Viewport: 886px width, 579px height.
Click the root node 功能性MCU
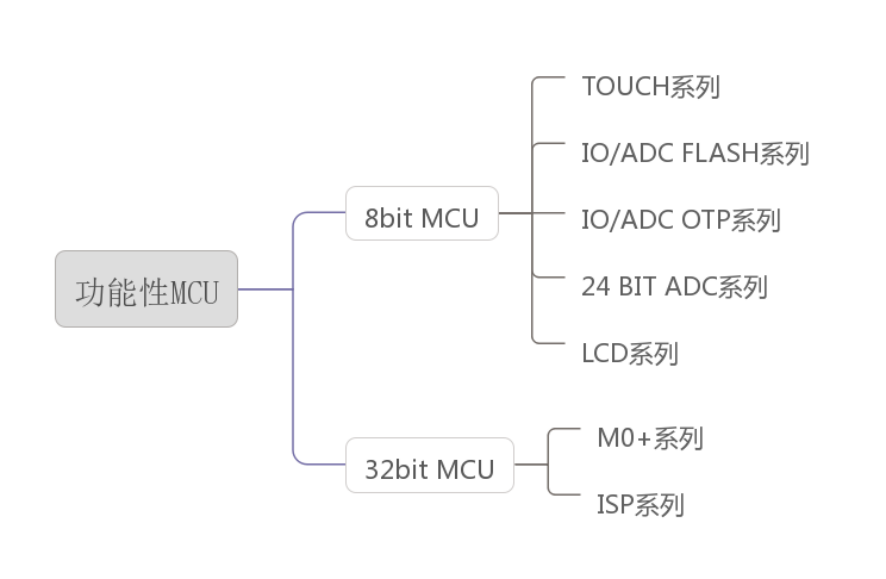[x=146, y=289]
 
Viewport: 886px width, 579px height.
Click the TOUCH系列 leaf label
[x=650, y=87]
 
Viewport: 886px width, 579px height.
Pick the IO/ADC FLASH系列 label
[x=694, y=154]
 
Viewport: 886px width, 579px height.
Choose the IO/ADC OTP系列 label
[x=680, y=220]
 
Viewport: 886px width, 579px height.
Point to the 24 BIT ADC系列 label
[x=674, y=287]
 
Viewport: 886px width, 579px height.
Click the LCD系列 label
[x=629, y=353]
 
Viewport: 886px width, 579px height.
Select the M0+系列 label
[x=649, y=438]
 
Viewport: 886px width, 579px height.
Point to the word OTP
[x=705, y=220]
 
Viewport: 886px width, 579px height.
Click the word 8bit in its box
[x=388, y=217]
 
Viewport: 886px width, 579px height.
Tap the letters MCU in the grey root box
[x=195, y=293]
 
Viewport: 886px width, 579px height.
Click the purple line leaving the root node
[x=264, y=289]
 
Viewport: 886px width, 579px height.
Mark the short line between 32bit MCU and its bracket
[x=530, y=464]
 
